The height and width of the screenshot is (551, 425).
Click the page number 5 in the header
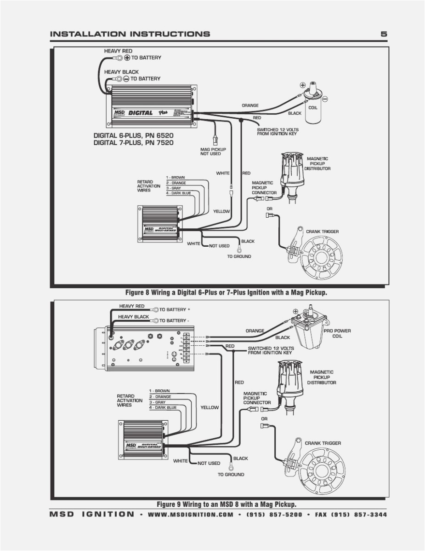[384, 34]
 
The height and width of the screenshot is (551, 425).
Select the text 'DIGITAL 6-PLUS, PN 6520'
[134, 136]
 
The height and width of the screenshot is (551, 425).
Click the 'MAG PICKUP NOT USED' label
[210, 151]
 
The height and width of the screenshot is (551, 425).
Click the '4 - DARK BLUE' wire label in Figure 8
[179, 193]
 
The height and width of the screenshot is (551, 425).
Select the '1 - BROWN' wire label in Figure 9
[159, 391]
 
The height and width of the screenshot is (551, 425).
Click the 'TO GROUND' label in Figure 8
[239, 256]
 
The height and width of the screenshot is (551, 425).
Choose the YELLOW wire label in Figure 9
[210, 407]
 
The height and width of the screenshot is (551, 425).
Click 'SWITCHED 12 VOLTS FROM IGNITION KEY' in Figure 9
[271, 350]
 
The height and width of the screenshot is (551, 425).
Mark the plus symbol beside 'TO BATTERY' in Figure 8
[127, 58]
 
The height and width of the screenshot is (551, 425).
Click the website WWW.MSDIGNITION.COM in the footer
[191, 515]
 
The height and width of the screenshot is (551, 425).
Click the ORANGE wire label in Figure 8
[250, 105]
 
